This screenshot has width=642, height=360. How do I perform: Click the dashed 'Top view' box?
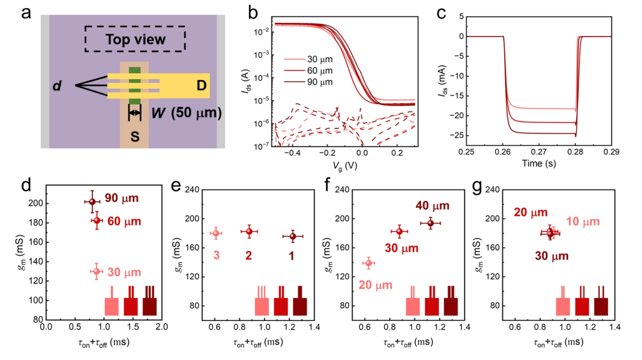(135, 39)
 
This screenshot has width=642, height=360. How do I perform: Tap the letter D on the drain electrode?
(201, 85)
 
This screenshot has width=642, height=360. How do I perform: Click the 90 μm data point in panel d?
(93, 201)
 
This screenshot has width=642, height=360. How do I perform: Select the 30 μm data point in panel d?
(96, 271)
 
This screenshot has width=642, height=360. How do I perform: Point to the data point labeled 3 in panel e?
(216, 233)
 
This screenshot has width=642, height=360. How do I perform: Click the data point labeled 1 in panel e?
(293, 236)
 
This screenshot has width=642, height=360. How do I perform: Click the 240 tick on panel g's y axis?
(491, 189)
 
